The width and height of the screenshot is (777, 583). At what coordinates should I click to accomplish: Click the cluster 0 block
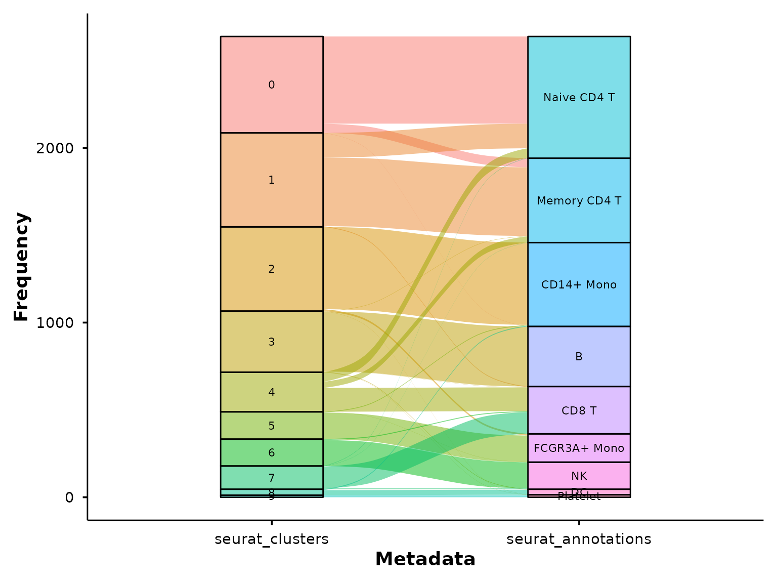272,85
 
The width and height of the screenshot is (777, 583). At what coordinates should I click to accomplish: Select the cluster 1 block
272,180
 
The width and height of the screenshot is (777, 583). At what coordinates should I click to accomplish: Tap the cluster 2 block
272,269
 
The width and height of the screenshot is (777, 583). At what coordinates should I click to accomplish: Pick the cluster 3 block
272,342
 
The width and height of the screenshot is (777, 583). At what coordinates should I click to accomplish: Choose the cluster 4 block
272,392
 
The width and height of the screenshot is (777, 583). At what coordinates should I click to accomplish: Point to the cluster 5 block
272,426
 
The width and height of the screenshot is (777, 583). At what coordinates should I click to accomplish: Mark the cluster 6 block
272,452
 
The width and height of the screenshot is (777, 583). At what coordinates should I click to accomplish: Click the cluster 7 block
272,478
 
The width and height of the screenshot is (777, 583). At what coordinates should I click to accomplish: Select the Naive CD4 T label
579,97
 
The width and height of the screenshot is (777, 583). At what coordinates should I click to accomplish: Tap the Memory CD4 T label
579,200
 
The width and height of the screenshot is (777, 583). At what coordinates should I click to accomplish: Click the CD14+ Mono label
579,284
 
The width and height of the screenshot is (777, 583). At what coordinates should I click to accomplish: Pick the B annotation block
579,356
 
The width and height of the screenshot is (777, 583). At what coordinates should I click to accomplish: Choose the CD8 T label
579,410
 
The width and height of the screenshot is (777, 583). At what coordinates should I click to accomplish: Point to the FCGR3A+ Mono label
579,448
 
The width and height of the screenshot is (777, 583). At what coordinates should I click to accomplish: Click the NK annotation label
579,476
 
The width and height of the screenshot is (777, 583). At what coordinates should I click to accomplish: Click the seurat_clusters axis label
272,539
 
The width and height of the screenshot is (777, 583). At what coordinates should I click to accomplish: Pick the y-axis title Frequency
21,267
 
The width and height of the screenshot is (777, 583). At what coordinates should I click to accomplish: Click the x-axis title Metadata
425,559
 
